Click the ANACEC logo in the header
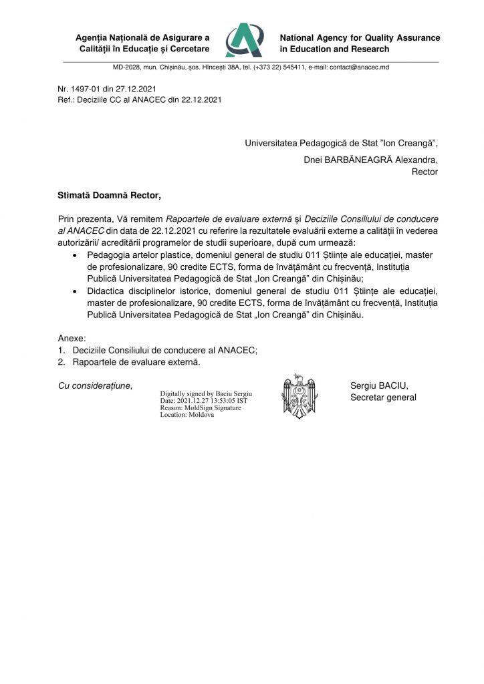click(x=244, y=40)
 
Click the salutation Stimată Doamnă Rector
click(x=109, y=195)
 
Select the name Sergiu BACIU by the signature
click(x=379, y=385)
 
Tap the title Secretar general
click(x=383, y=397)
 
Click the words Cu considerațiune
click(x=94, y=385)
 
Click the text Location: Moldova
click(x=187, y=415)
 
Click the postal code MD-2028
click(x=127, y=67)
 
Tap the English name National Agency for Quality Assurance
click(x=360, y=38)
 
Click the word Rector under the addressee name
click(x=425, y=172)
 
